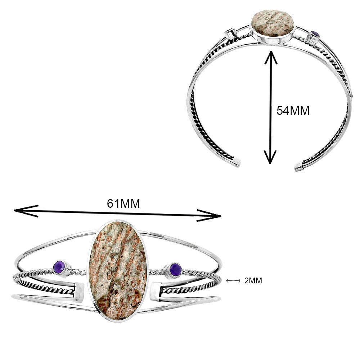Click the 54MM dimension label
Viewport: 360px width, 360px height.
pyautogui.click(x=293, y=111)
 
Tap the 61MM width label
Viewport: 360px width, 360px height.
pyautogui.click(x=123, y=204)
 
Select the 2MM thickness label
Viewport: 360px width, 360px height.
pyautogui.click(x=253, y=281)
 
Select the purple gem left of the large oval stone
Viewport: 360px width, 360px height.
pyautogui.click(x=60, y=267)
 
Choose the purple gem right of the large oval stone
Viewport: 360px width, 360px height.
pyautogui.click(x=175, y=269)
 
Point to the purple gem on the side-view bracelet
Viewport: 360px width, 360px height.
pyautogui.click(x=315, y=35)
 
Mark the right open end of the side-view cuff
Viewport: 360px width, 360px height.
pyautogui.click(x=299, y=167)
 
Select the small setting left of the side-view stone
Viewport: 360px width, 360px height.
pyautogui.click(x=229, y=33)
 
